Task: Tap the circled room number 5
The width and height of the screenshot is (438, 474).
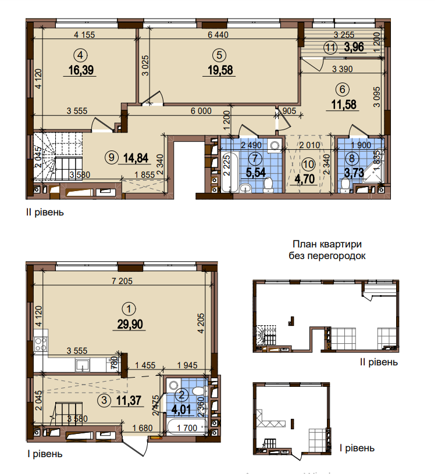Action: [x=219, y=55]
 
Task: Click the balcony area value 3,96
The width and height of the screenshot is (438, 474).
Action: [x=354, y=48]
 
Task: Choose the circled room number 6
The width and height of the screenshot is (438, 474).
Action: [x=341, y=89]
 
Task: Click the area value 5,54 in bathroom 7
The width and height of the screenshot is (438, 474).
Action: [x=254, y=172]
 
